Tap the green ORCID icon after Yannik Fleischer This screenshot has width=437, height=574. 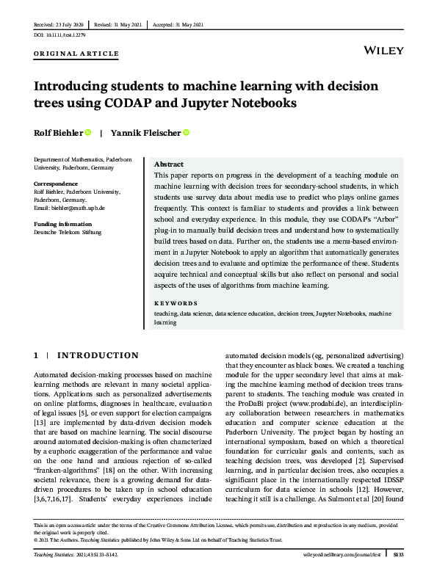[186, 133]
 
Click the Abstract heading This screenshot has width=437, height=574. [169, 164]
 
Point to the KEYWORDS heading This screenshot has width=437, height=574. [176, 303]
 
